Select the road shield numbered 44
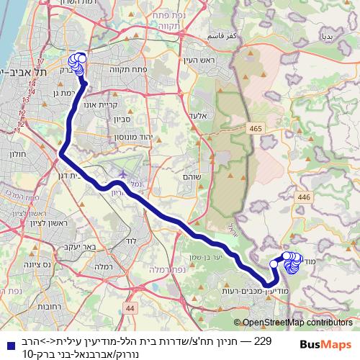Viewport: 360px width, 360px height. click(x=130, y=307)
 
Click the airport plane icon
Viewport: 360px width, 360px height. click(x=122, y=174)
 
